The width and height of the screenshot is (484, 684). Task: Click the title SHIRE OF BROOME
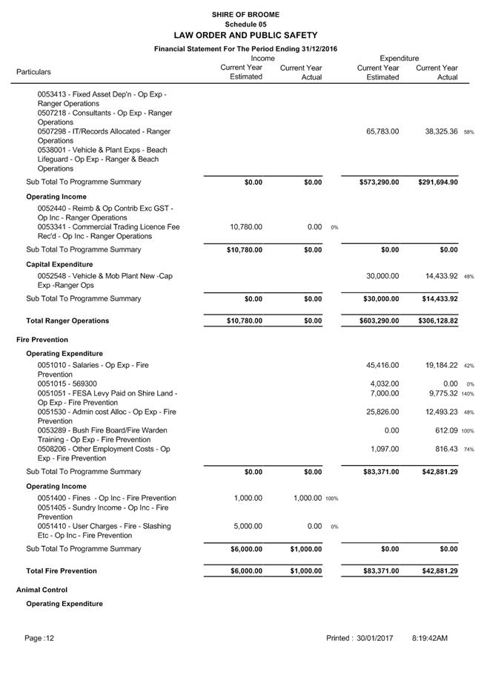(x=245, y=14)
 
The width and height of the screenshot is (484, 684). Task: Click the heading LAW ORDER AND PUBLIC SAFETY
(x=245, y=35)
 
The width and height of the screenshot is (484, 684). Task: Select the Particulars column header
(x=34, y=72)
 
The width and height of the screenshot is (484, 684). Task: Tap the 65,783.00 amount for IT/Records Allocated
(x=382, y=131)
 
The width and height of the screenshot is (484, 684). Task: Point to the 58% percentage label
(x=469, y=132)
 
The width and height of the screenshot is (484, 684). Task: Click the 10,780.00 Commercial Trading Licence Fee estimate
(x=246, y=227)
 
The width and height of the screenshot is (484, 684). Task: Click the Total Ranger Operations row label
(x=67, y=321)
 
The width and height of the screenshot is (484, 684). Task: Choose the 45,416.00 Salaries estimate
(x=382, y=365)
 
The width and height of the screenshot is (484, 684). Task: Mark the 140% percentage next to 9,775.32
(x=468, y=394)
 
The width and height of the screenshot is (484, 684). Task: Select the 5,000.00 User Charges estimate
(x=248, y=526)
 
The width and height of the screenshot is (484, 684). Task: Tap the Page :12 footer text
(x=39, y=638)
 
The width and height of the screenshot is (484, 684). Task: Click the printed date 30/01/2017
(x=374, y=638)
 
